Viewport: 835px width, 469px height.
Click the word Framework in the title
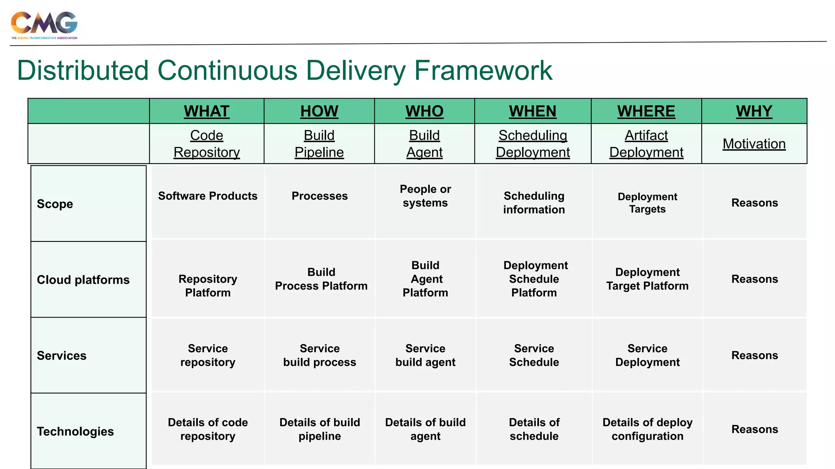coord(483,71)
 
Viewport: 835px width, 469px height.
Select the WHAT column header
coord(207,111)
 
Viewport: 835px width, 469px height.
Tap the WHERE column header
coord(646,111)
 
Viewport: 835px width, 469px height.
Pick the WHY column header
coord(754,111)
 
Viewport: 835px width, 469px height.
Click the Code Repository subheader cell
coord(207,144)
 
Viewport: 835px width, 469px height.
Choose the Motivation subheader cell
coord(754,144)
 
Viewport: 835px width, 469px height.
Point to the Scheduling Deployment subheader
coord(532,144)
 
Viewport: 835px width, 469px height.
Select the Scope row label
coord(55,204)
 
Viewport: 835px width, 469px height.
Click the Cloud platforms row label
coord(83,280)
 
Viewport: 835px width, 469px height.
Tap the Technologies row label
coord(75,431)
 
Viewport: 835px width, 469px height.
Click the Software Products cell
coord(208,196)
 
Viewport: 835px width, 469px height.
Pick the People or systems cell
coord(425,196)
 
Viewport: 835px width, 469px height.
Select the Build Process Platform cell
coord(321,279)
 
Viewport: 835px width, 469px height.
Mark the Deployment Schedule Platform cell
coord(535,279)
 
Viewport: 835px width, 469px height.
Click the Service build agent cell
coord(425,355)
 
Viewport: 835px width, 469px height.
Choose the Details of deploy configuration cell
coord(647,429)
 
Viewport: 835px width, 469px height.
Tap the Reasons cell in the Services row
coord(754,355)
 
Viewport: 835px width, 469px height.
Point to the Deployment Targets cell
coord(647,203)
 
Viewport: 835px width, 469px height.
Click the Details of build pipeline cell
coord(320,429)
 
